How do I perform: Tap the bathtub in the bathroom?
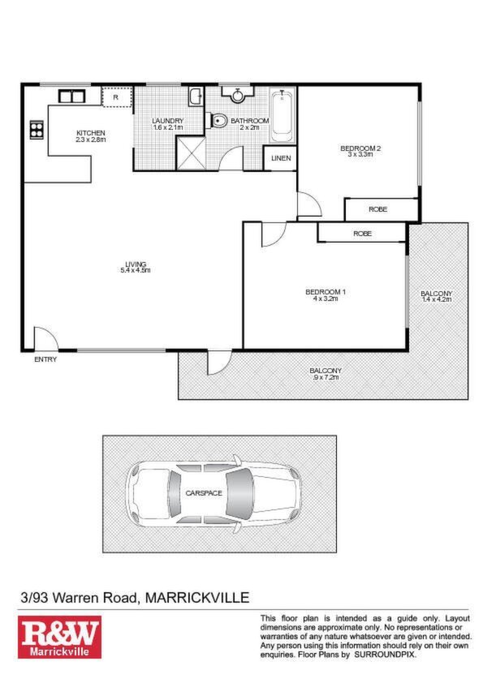[x=282, y=116]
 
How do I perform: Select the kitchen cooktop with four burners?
[x=37, y=129]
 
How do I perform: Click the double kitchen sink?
[x=71, y=96]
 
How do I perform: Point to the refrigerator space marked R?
[x=117, y=97]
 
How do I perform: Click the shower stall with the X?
[x=191, y=152]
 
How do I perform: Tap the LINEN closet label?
[x=281, y=158]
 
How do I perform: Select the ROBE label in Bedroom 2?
[x=378, y=209]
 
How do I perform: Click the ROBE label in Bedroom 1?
[x=362, y=234]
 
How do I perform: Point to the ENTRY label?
[x=45, y=359]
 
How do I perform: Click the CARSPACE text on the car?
[x=204, y=493]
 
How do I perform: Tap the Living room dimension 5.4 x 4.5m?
[x=136, y=270]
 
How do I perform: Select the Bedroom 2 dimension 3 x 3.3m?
[x=360, y=154]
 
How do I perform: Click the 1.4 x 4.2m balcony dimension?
[x=437, y=299]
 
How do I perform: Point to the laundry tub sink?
[x=196, y=97]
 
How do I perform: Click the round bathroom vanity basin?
[x=237, y=95]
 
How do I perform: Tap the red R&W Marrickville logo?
[x=60, y=637]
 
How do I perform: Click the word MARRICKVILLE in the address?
[x=197, y=597]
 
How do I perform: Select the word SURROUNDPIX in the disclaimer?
[x=385, y=655]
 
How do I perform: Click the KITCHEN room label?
[x=91, y=133]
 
